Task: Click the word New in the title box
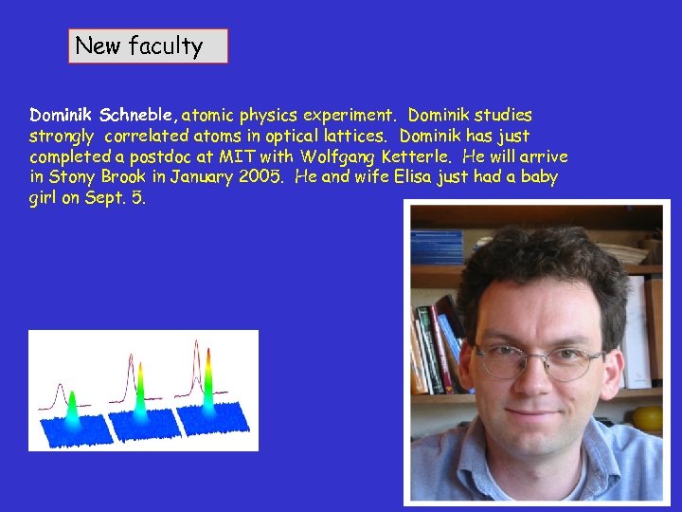point(96,46)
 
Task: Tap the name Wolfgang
point(336,156)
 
